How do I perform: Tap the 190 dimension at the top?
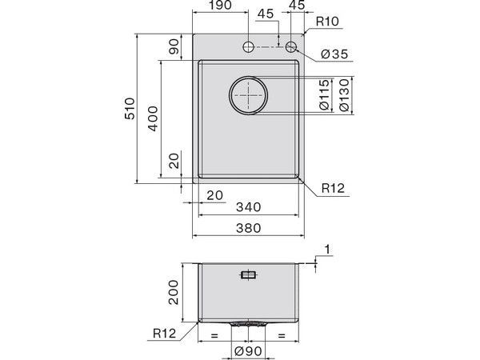[x=221, y=6]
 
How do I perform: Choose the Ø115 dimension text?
[x=325, y=95]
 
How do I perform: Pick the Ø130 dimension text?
[x=343, y=95]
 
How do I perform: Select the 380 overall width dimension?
[x=249, y=229]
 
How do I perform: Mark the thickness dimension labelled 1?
[x=327, y=250]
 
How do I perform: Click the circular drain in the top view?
[x=250, y=95]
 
